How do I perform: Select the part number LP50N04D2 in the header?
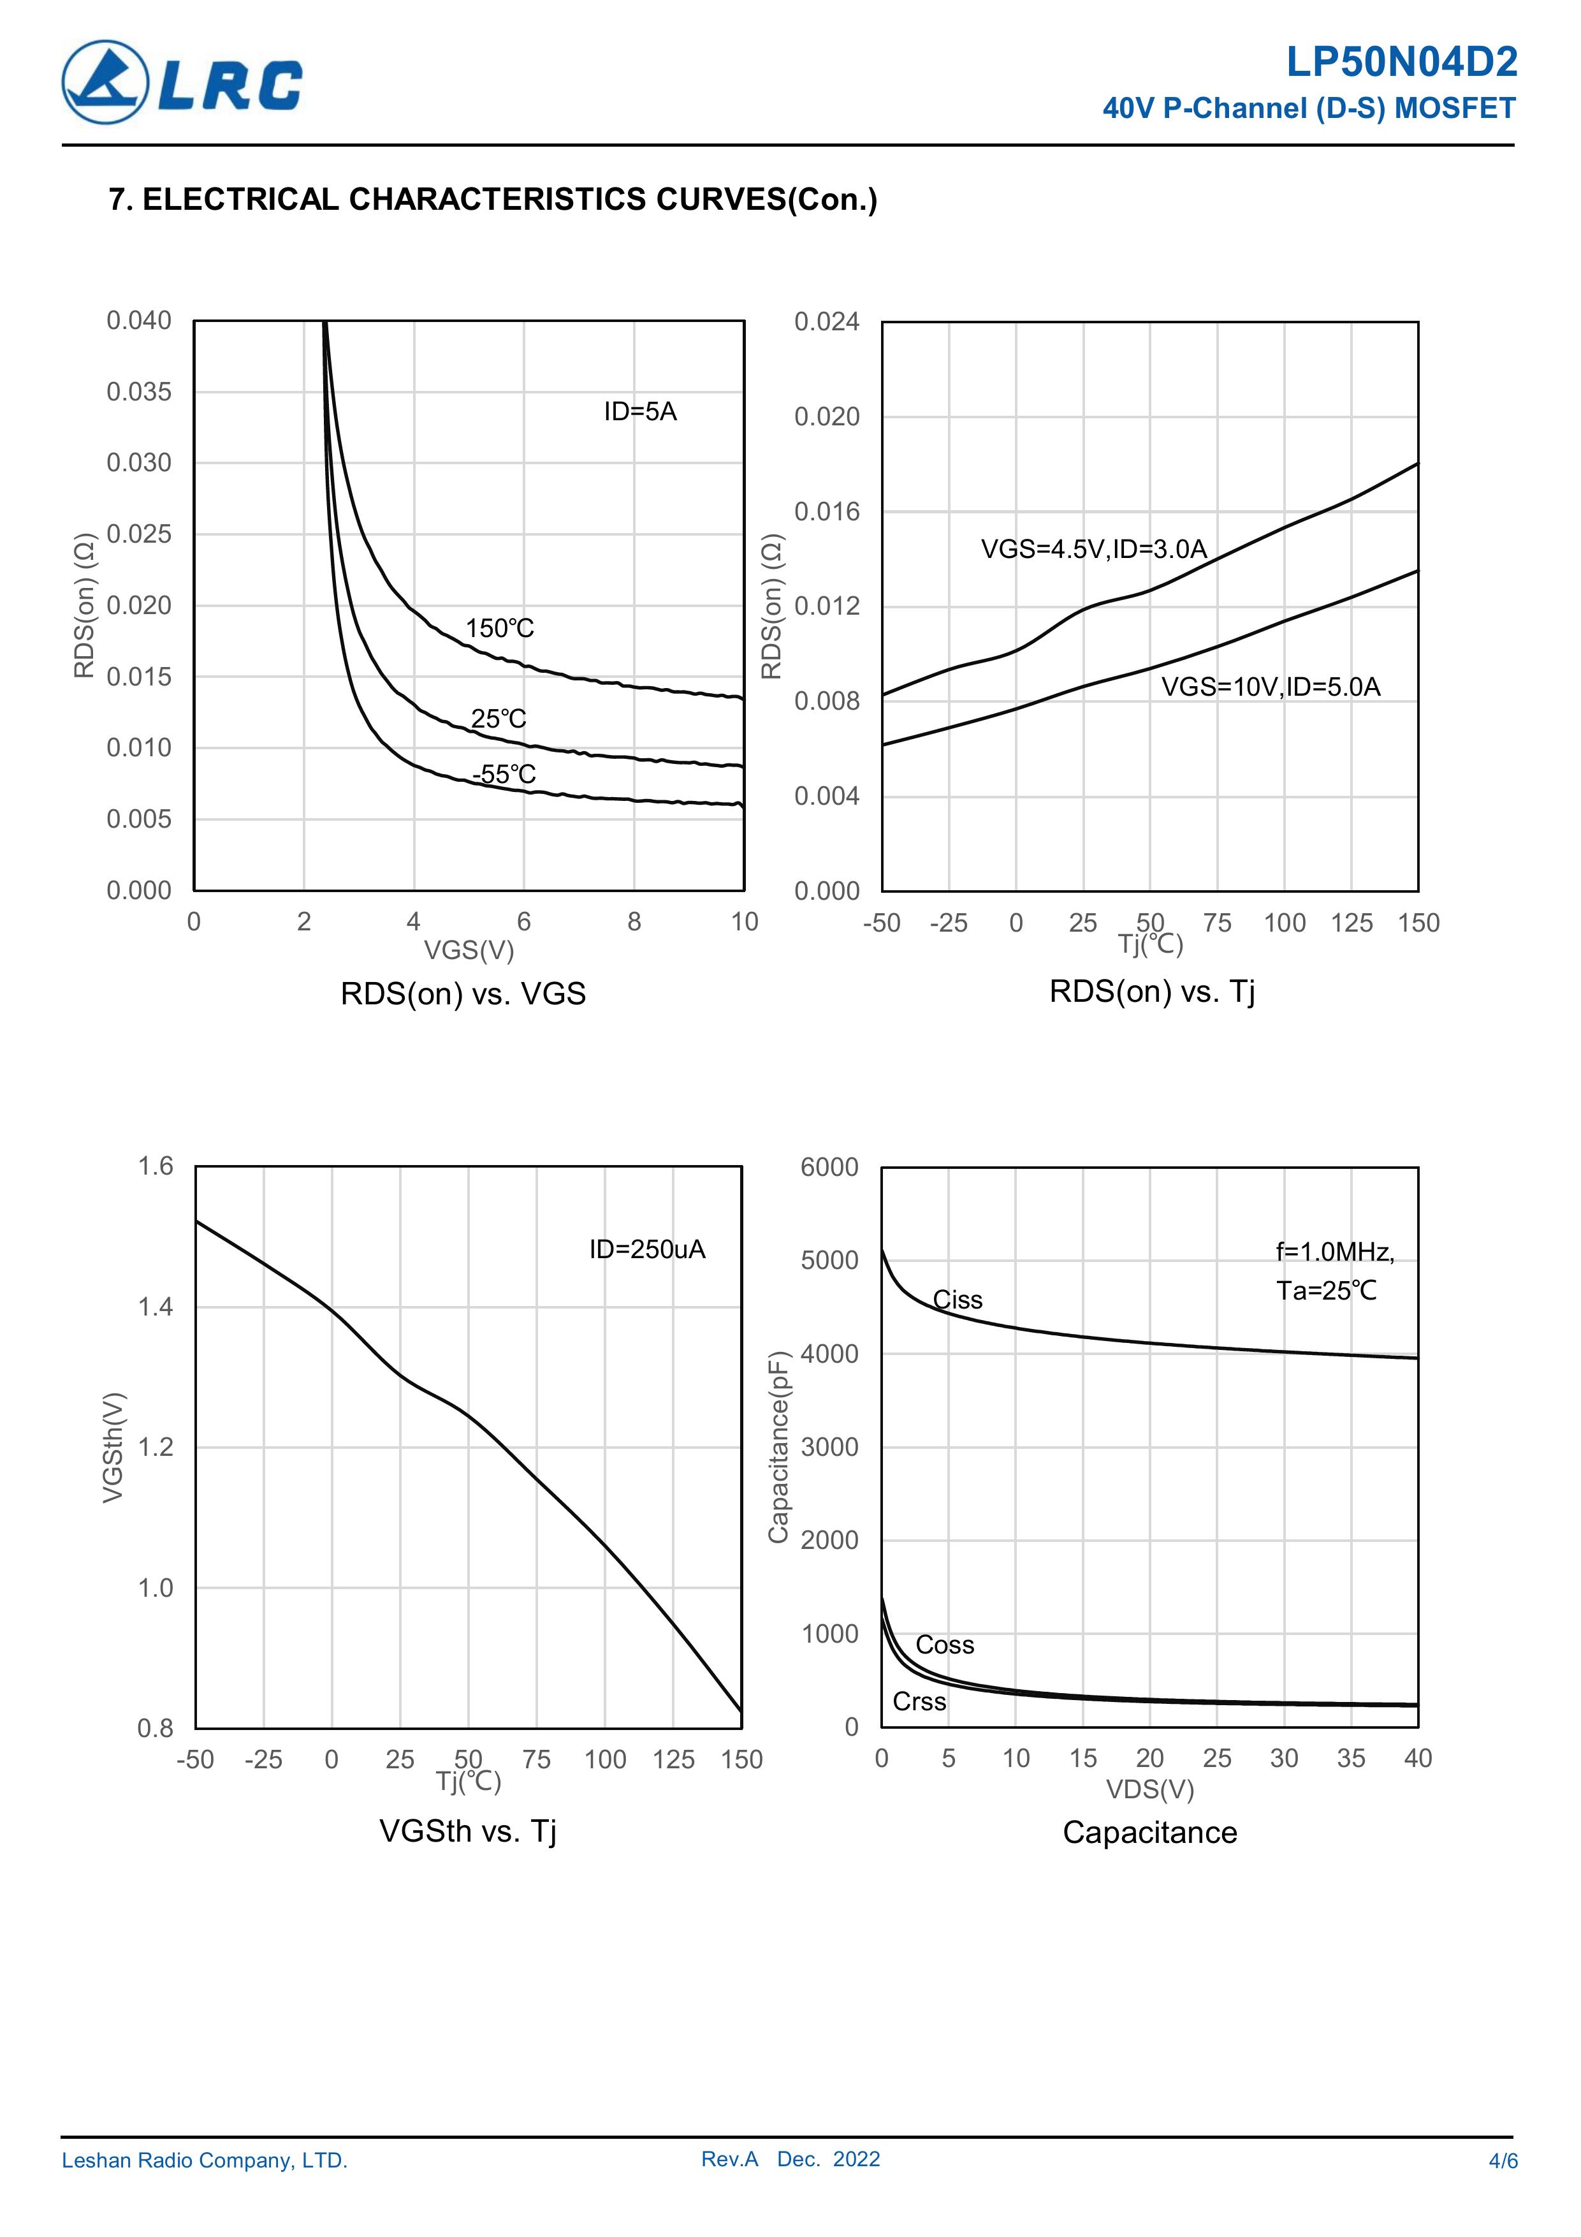1401,63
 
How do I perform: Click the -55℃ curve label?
504,775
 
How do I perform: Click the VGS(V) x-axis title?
469,950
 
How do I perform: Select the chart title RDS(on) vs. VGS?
463,994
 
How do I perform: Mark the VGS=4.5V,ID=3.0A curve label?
1093,550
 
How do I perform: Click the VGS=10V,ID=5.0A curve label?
1271,687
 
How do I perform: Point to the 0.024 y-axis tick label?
826,321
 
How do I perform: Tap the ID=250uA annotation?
647,1249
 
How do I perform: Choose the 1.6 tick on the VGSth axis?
156,1166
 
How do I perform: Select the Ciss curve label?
958,1300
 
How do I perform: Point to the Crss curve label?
919,1701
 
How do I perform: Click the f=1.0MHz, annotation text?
1334,1252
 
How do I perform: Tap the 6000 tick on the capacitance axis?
829,1167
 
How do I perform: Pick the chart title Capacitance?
1149,1833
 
